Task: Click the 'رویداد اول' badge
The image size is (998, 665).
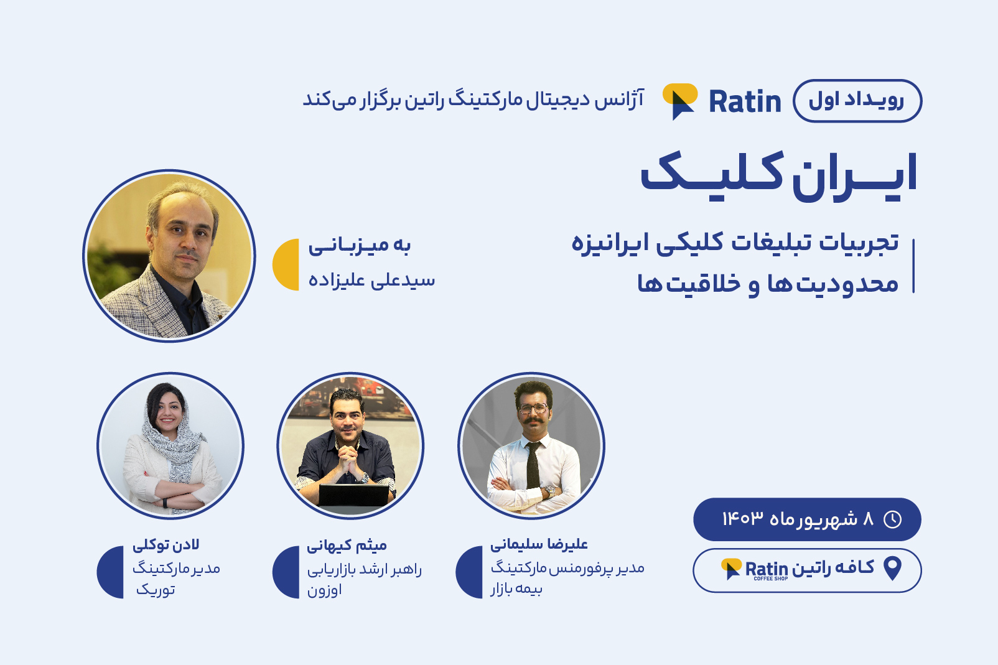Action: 857,101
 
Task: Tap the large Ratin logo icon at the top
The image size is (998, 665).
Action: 680,101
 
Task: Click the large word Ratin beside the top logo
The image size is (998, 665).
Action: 745,101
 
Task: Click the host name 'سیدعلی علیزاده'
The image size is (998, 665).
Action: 371,281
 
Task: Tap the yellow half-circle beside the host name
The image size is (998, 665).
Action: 286,264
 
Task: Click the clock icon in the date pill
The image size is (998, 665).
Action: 892,519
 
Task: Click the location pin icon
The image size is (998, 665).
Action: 892,569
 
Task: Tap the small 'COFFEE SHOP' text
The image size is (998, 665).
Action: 771,579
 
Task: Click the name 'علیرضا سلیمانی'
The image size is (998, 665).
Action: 539,544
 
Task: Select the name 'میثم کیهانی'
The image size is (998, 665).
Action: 347,545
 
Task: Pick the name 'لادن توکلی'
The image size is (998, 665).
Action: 166,545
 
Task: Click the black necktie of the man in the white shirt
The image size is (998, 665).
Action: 533,465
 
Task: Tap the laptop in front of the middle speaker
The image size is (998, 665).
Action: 354,495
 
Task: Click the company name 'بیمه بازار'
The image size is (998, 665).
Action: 517,589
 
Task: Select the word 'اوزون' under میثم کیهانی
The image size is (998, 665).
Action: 324,590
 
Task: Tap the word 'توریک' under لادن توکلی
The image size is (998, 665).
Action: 156,589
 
